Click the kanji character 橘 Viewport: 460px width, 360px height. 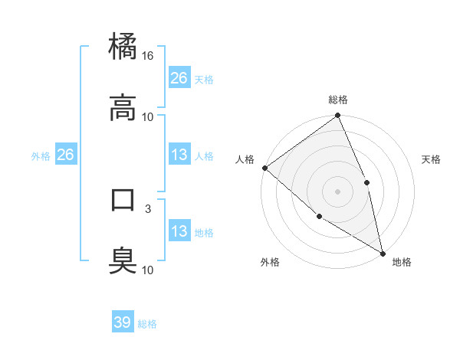pos(123,47)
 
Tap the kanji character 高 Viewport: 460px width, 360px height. pos(123,108)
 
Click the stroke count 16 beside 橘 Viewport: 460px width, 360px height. pos(148,56)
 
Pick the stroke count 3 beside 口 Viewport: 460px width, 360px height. pos(148,208)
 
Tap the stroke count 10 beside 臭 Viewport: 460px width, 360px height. pos(148,270)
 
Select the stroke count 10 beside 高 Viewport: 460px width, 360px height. pos(148,117)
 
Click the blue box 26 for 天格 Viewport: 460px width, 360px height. pos(179,78)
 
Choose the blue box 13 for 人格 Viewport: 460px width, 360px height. pos(179,155)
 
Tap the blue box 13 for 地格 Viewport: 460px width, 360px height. pos(179,231)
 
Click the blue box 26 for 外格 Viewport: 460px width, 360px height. pos(65,155)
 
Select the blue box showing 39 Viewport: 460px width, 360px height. pos(123,322)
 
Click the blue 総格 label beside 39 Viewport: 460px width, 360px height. pos(147,324)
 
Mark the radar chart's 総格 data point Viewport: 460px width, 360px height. pos(337,116)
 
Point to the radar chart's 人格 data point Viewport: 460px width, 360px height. pos(264,168)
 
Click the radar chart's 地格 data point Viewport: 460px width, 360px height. pos(383,252)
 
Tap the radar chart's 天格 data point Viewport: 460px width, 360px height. pos(366,182)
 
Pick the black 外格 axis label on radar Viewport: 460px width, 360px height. pos(270,262)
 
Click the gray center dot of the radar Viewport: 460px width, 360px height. pos(337,191)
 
